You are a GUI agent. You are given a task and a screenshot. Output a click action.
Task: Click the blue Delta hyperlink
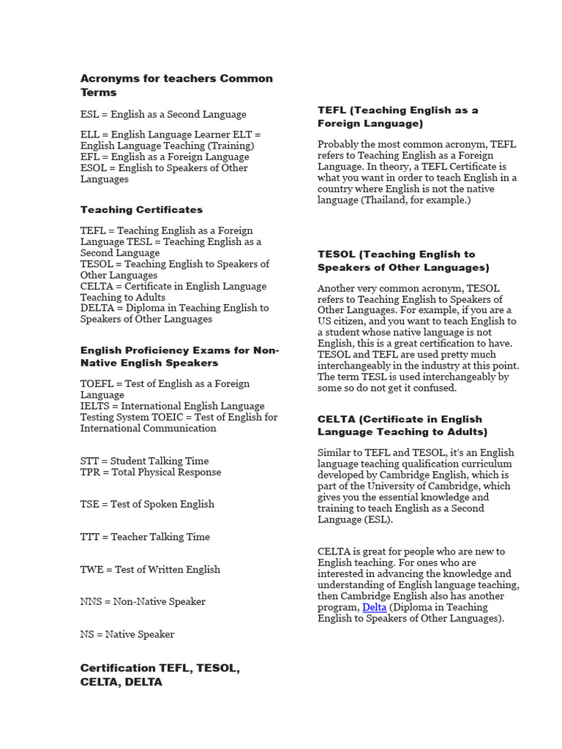[x=374, y=607]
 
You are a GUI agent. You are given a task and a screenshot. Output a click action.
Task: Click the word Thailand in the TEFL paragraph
[x=392, y=200]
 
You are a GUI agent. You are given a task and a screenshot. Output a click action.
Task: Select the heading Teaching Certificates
[x=141, y=210]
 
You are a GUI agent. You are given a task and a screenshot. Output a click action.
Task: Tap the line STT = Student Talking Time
[x=144, y=461]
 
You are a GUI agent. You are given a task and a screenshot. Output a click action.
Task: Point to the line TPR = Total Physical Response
[x=150, y=472]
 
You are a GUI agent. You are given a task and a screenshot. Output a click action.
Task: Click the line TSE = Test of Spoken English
[x=147, y=504]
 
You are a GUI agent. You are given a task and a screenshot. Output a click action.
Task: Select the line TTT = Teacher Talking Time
[x=145, y=537]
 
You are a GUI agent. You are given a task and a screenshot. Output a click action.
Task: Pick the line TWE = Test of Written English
[x=150, y=569]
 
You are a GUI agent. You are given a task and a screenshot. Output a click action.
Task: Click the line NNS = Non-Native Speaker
[x=143, y=601]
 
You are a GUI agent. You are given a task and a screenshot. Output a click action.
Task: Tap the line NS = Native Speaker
[x=127, y=634]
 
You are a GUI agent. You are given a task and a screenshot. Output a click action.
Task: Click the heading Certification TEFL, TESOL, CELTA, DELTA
[x=160, y=674]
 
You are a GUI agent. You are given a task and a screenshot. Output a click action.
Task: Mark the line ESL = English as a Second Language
[x=163, y=114]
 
